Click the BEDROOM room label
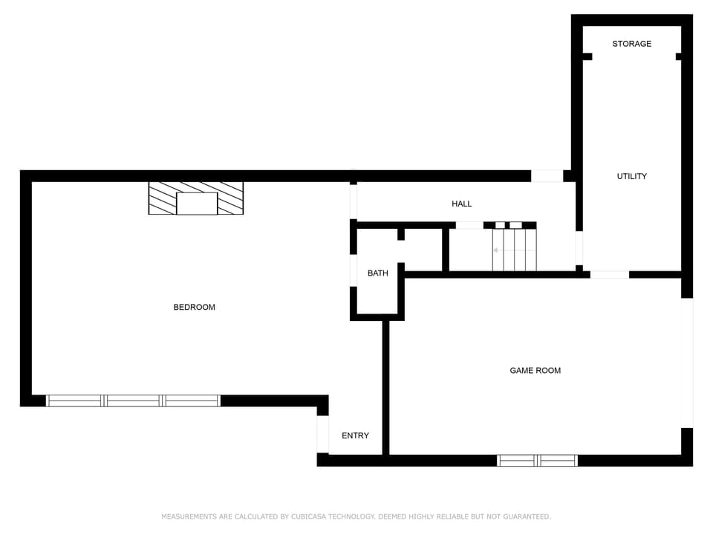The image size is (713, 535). pos(194,307)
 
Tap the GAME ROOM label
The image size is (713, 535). pos(535,370)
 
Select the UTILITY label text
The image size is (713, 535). pos(631,176)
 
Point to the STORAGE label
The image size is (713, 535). pos(631,44)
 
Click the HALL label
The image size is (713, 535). pos(461,204)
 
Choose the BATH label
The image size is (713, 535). pos(377,273)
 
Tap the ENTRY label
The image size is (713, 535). pos(355,435)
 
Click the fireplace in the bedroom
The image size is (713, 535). pos(196,198)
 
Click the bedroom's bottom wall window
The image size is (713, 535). pos(134,401)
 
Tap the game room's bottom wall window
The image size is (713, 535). pos(537,461)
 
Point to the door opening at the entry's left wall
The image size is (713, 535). pos(322,434)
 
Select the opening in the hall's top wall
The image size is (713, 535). pos(547,176)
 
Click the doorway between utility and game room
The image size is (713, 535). pos(609,274)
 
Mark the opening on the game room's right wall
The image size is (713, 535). pos(688,363)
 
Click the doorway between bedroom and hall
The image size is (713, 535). pos(354,201)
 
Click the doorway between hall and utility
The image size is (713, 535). pos(579,248)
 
